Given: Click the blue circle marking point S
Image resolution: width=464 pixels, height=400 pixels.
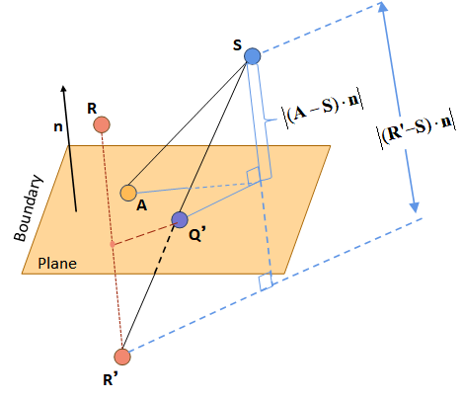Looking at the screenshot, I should (x=253, y=57).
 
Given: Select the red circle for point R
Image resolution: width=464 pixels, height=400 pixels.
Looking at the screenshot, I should (x=101, y=125).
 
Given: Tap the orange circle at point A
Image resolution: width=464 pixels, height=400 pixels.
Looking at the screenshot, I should (x=128, y=193).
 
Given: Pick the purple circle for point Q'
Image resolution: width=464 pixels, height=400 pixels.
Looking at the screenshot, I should (x=179, y=219).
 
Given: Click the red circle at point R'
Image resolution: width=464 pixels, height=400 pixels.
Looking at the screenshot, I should (x=122, y=356).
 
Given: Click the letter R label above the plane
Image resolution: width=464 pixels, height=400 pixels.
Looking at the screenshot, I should (x=92, y=108).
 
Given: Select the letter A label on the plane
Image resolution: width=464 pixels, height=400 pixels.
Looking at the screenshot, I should (x=142, y=205).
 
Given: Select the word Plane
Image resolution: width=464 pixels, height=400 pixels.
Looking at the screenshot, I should (x=57, y=264).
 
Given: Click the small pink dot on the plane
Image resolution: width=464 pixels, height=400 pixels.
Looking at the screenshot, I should (x=113, y=243).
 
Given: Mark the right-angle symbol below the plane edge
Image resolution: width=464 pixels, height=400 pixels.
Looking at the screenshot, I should (x=266, y=282).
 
